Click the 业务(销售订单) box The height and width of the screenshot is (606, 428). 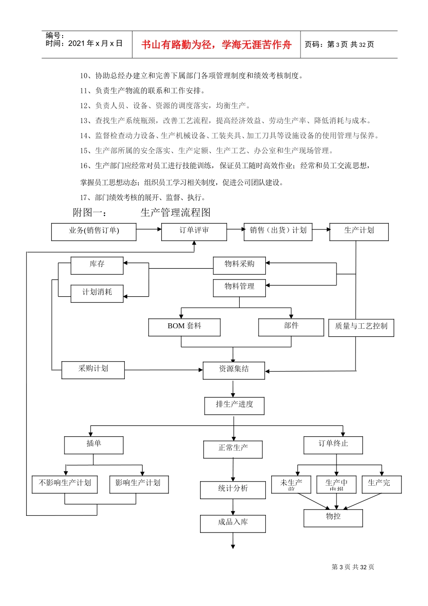[94, 232]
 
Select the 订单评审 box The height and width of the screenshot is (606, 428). [194, 232]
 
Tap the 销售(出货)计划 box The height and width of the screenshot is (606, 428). [278, 232]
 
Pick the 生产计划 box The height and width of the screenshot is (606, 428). [359, 232]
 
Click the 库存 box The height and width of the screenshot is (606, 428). [97, 266]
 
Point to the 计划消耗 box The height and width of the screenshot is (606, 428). [97, 294]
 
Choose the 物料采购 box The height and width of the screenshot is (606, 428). [239, 266]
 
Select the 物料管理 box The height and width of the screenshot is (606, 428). [239, 288]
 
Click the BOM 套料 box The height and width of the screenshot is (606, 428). [184, 327]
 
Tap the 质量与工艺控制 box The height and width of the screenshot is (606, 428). [361, 327]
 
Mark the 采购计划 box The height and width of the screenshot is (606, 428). [93, 370]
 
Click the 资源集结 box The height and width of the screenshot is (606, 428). [234, 370]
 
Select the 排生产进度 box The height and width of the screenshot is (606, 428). [234, 406]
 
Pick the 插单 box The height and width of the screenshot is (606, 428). [94, 445]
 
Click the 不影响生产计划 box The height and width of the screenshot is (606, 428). [65, 484]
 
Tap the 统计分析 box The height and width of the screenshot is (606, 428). [233, 490]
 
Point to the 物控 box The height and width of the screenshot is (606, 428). [333, 518]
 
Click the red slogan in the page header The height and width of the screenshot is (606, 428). [216, 45]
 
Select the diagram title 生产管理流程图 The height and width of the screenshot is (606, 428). [175, 212]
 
